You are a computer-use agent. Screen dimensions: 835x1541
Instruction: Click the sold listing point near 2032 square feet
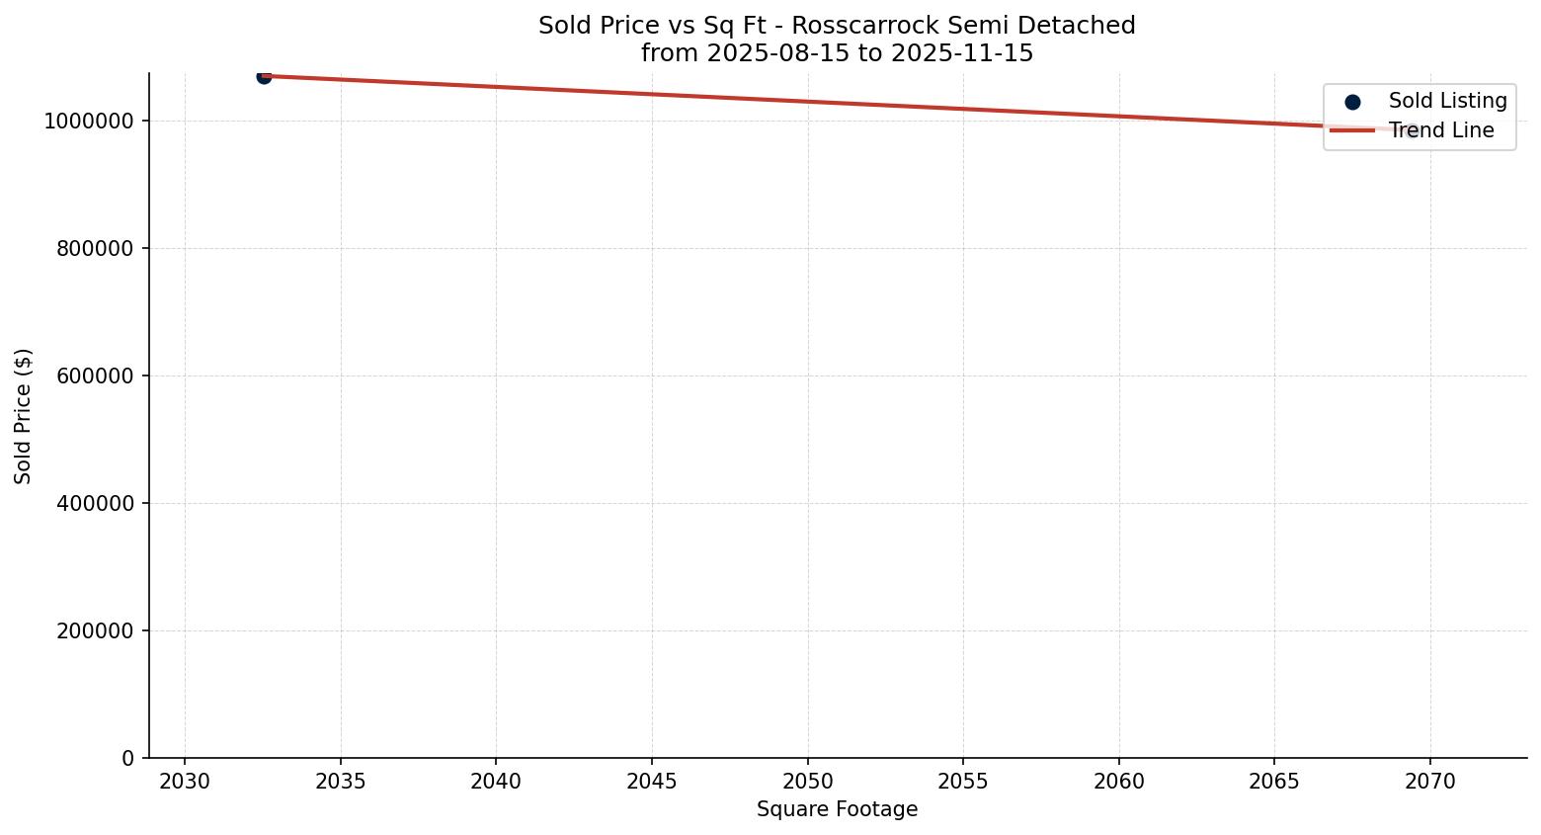(264, 76)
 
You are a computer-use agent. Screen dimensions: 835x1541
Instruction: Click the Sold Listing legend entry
(1447, 101)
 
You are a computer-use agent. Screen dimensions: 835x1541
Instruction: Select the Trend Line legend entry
(1440, 130)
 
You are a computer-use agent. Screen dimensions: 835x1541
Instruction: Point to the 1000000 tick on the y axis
(89, 122)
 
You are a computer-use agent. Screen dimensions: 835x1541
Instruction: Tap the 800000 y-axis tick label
(95, 249)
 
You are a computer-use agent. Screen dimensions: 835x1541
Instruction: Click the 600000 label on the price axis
(95, 376)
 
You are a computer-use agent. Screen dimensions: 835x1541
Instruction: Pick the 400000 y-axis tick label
(95, 504)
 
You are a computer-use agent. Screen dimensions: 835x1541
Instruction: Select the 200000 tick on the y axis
(95, 631)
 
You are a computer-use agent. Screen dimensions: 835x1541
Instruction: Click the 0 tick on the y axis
(128, 759)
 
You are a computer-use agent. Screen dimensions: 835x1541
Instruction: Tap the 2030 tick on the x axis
(185, 782)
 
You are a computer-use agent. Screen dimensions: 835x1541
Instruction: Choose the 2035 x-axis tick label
(341, 782)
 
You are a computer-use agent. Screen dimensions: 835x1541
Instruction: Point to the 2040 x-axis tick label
(496, 782)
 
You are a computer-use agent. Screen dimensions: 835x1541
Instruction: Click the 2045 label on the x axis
(652, 782)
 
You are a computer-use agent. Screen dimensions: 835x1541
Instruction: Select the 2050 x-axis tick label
(807, 782)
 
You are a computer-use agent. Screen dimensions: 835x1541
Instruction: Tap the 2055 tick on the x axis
(963, 782)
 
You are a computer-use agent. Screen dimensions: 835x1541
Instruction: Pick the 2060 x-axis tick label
(1118, 782)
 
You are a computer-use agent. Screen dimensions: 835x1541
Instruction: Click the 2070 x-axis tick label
(1429, 782)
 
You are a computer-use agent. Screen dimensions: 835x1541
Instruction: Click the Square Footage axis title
(837, 810)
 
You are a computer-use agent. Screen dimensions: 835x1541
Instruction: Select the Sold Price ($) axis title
(24, 416)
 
